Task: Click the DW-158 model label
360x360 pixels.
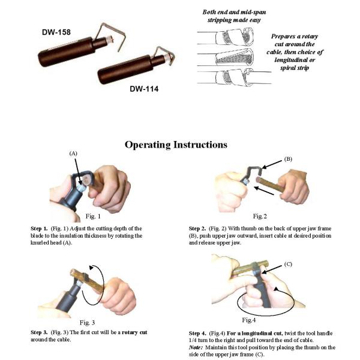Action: pyautogui.click(x=56, y=32)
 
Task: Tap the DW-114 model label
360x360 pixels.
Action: pyautogui.click(x=144, y=89)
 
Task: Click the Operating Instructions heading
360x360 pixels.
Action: pyautogui.click(x=176, y=145)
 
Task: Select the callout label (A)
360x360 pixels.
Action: pyautogui.click(x=73, y=154)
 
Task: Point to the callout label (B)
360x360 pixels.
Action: pyautogui.click(x=288, y=159)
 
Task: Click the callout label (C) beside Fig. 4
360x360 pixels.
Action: pyautogui.click(x=288, y=264)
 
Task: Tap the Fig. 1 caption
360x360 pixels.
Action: pyautogui.click(x=93, y=216)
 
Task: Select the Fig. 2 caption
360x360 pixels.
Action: pyautogui.click(x=260, y=216)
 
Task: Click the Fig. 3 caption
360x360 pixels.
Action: pyautogui.click(x=87, y=323)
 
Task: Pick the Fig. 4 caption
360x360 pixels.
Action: pyautogui.click(x=249, y=320)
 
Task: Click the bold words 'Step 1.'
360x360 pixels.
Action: pyautogui.click(x=39, y=229)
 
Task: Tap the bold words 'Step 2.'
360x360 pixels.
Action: pyautogui.click(x=197, y=229)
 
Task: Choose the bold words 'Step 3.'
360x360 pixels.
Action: pyautogui.click(x=39, y=332)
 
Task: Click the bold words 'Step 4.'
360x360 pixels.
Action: pyautogui.click(x=197, y=334)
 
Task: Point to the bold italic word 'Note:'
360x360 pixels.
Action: pyautogui.click(x=196, y=347)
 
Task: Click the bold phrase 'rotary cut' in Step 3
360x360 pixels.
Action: pyautogui.click(x=134, y=332)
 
